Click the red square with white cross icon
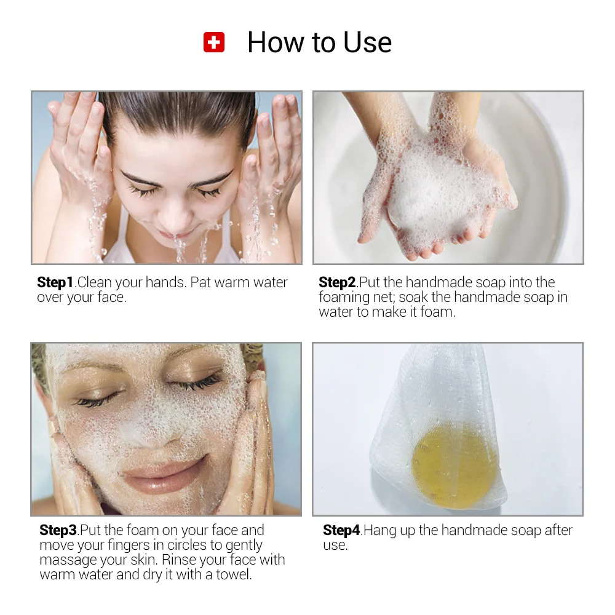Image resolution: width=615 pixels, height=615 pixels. [x=214, y=42]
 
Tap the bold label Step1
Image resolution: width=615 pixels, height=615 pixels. [x=55, y=283]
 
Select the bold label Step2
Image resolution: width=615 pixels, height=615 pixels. [x=337, y=283]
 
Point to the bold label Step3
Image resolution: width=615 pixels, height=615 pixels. [x=58, y=530]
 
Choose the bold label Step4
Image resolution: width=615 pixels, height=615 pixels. [x=342, y=530]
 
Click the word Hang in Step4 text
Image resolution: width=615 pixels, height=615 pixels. [x=381, y=530]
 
